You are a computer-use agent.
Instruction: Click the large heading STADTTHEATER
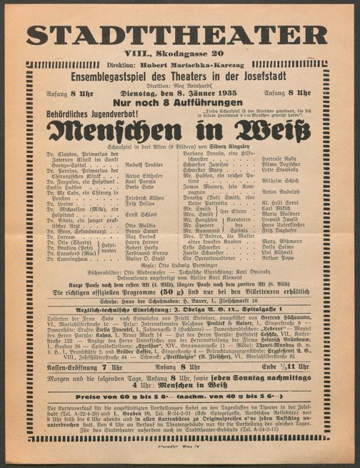179,34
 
